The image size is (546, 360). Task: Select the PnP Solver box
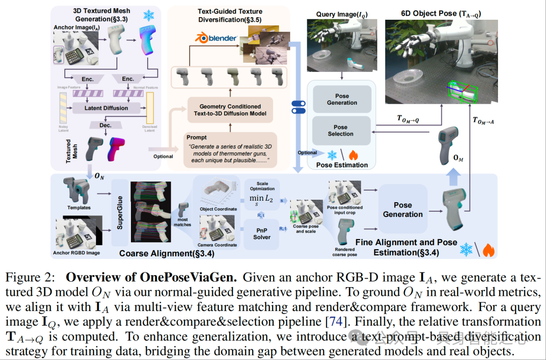[262, 234]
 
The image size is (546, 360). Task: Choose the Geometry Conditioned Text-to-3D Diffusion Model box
[230, 110]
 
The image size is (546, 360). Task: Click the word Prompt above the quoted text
[197, 137]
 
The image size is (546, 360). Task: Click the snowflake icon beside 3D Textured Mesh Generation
[149, 16]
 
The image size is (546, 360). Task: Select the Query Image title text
[342, 14]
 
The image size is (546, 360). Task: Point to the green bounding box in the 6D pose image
[461, 93]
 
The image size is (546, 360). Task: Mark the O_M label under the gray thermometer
[458, 158]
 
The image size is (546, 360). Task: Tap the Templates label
[79, 207]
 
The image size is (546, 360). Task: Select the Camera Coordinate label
[218, 245]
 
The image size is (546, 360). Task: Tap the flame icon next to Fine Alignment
[488, 249]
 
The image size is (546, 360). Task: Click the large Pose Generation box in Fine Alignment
[402, 210]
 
